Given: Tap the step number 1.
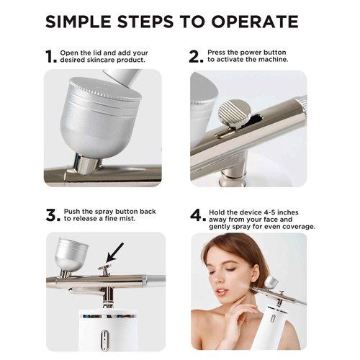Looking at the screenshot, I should pyautogui.click(x=50, y=56).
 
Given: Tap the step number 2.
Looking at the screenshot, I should pyautogui.click(x=195, y=56).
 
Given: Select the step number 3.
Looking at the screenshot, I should pyautogui.click(x=51, y=215).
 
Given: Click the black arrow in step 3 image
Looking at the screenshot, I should pyautogui.click(x=114, y=253).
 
